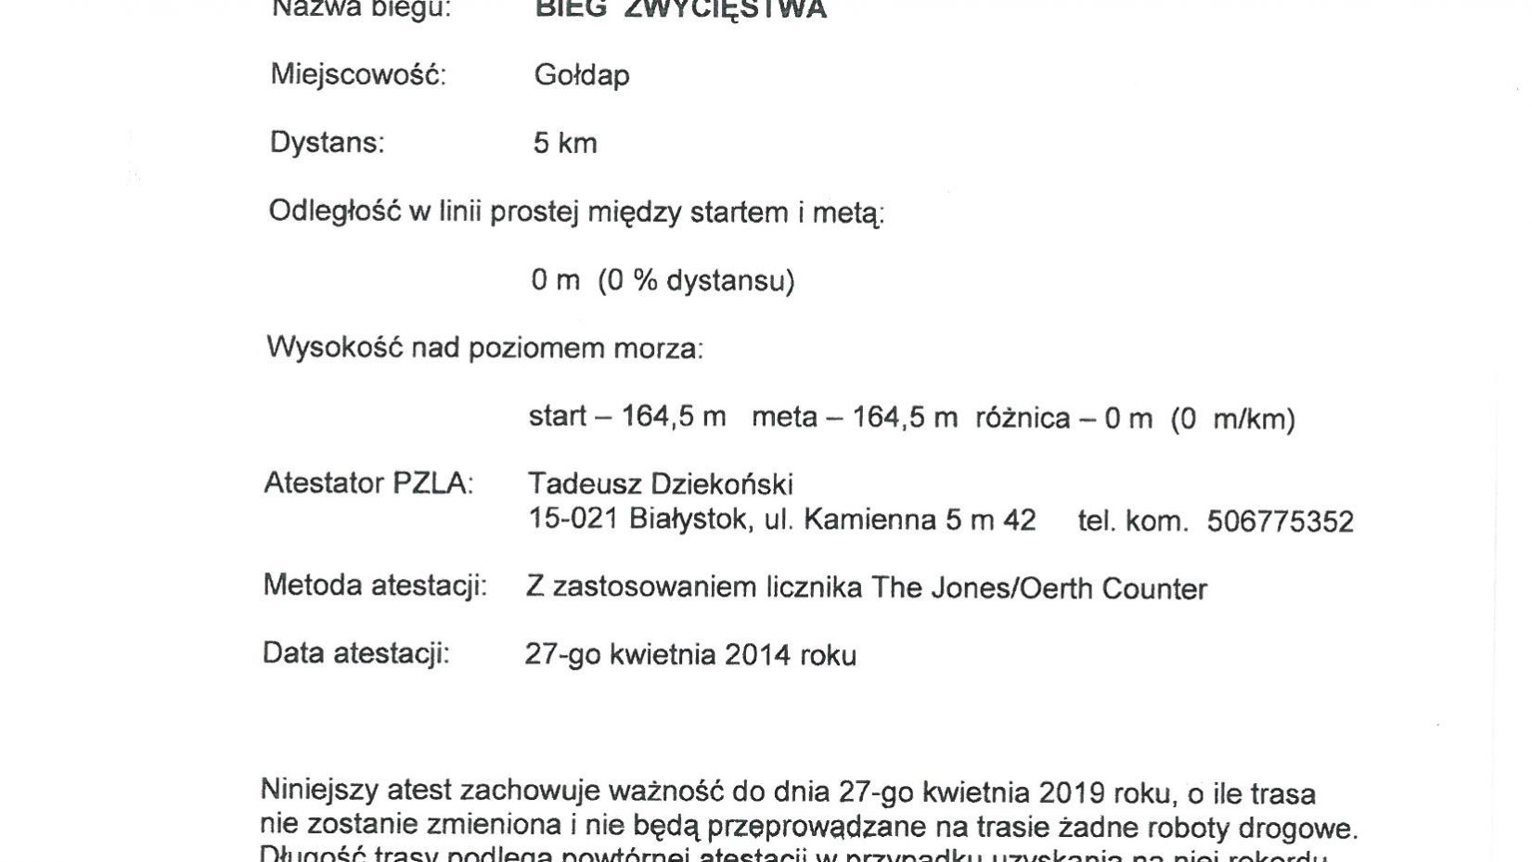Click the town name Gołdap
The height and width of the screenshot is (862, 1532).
[581, 75]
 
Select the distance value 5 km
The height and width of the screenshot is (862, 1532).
[565, 144]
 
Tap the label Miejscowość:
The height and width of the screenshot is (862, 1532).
[358, 74]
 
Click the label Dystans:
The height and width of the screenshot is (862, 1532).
[327, 143]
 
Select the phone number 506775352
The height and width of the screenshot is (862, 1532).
[1280, 521]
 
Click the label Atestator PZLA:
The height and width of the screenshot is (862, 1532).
[368, 483]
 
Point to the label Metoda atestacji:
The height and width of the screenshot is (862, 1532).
[375, 585]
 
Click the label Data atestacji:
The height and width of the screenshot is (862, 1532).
[356, 653]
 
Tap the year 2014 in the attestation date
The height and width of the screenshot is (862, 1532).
[757, 655]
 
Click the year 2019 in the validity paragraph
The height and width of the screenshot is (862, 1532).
[1072, 793]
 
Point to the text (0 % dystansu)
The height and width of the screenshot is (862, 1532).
[696, 280]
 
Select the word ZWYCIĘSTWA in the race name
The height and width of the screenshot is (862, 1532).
[746, 9]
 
